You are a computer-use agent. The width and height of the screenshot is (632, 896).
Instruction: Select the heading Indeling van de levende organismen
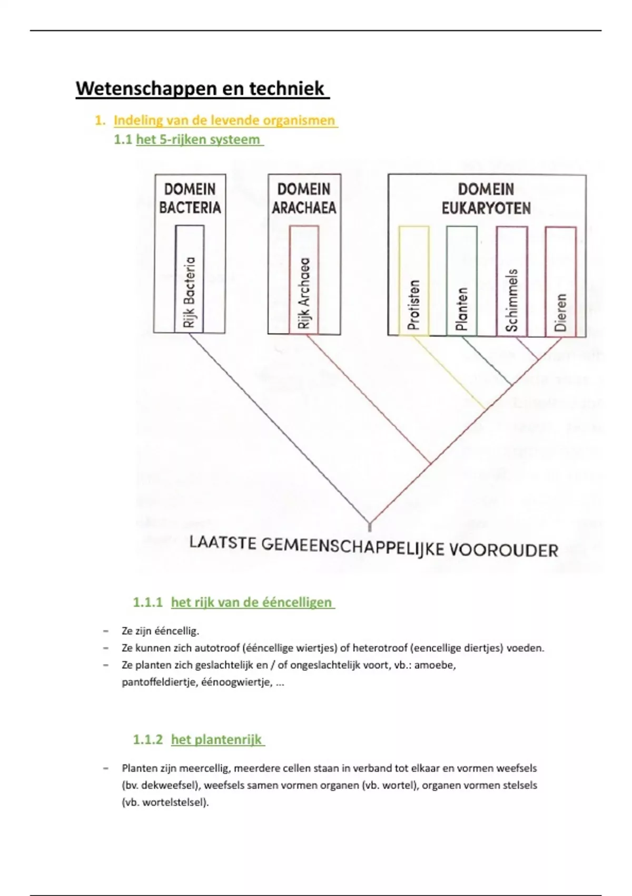(225, 121)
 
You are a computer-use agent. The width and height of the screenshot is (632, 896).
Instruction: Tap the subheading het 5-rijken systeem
(198, 140)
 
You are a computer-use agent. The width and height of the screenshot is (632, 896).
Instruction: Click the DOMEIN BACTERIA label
(190, 198)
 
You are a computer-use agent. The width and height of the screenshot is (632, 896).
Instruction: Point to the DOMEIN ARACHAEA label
(304, 198)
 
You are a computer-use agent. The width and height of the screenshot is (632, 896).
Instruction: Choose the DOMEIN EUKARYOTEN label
(486, 198)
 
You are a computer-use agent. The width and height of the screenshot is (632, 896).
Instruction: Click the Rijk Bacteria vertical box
(190, 279)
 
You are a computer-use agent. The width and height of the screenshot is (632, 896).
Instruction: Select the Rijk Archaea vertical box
(304, 279)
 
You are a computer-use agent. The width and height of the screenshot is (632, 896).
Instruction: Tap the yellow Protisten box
(414, 281)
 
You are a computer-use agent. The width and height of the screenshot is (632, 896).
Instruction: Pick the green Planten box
(462, 281)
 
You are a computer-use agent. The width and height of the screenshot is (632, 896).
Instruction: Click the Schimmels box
(511, 281)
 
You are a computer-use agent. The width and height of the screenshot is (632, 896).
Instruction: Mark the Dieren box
(560, 281)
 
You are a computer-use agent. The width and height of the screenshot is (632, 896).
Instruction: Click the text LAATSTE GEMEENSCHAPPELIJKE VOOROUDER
(373, 546)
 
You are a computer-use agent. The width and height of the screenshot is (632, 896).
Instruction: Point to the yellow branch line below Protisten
(449, 373)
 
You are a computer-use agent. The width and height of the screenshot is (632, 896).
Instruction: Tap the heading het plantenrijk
(216, 739)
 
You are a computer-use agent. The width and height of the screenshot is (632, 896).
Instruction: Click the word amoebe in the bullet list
(434, 665)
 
